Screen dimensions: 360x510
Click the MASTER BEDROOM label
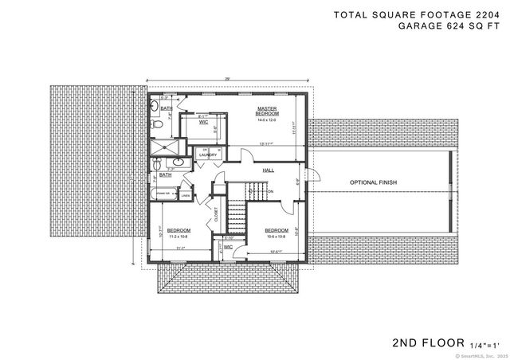(266, 111)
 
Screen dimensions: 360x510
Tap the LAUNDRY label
(207, 155)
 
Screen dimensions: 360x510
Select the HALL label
(269, 170)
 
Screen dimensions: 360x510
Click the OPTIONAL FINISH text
(373, 182)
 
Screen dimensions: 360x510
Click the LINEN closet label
(185, 194)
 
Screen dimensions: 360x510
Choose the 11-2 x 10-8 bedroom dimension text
(178, 237)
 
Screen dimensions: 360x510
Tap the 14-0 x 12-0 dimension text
(266, 120)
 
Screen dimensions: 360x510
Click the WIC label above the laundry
(203, 122)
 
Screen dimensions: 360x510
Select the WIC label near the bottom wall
(228, 247)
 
